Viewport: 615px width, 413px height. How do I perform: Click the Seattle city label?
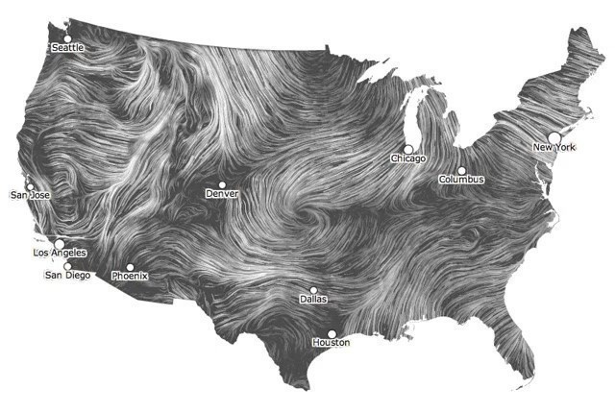pos(67,47)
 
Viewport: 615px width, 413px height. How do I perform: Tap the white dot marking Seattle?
pos(66,38)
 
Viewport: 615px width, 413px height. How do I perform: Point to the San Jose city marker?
pos(30,186)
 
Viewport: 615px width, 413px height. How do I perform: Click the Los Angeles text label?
pos(60,254)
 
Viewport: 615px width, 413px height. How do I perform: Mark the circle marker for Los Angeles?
pos(60,244)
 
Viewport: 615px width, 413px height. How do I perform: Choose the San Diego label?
pos(68,276)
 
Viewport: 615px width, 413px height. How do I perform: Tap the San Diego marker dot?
pos(67,266)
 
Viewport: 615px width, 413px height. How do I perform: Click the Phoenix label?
pos(130,277)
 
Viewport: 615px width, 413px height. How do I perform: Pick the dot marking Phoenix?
pos(130,267)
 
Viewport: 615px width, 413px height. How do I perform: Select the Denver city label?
pos(222,194)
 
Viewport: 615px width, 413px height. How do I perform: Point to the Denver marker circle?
pos(222,184)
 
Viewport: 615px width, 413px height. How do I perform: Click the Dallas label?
pos(313,299)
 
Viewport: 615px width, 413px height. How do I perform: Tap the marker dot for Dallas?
pos(313,289)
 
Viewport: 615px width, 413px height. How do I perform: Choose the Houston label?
pos(332,343)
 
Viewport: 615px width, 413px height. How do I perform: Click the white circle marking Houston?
pos(332,333)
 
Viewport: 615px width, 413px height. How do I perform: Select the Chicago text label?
pos(408,158)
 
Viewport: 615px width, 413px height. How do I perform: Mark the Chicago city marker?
pos(408,149)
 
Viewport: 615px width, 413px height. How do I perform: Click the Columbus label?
pos(461,180)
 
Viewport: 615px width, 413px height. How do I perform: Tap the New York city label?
pos(554,147)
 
